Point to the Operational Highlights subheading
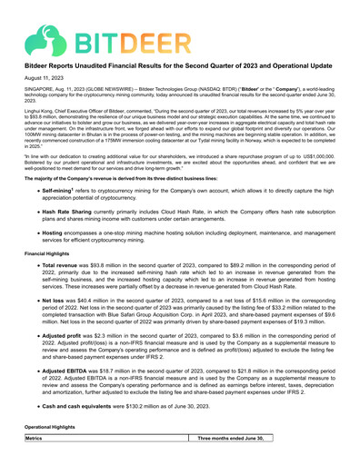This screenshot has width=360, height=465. [x=55, y=450]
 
